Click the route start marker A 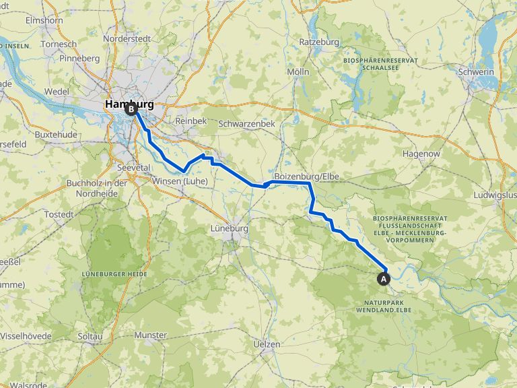(x=384, y=278)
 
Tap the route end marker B (x=130, y=108)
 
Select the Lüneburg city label (x=230, y=229)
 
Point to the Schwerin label (x=475, y=72)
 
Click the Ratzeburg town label (x=319, y=42)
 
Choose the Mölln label (x=298, y=71)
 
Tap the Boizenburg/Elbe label (x=307, y=176)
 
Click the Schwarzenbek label (x=246, y=124)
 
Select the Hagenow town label (x=421, y=154)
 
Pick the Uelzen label (x=266, y=344)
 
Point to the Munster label (x=150, y=335)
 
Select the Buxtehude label (x=57, y=135)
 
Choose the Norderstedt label (x=127, y=39)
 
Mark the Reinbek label (x=188, y=120)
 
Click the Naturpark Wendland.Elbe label (x=384, y=306)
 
